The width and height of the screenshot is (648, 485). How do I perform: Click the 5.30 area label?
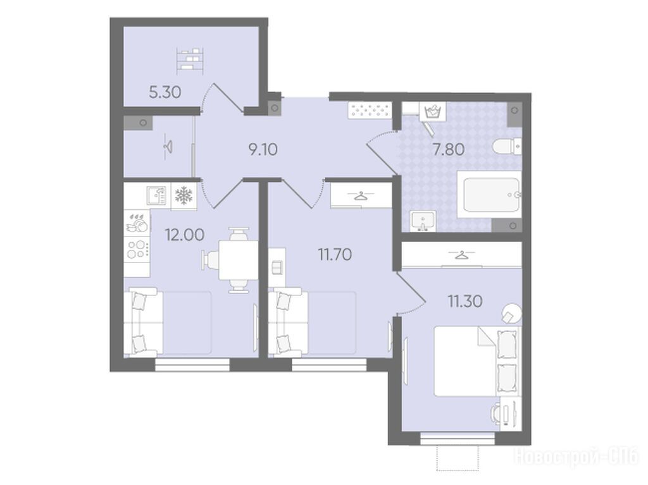point(165,92)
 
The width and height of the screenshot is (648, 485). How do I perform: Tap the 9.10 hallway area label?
point(263,149)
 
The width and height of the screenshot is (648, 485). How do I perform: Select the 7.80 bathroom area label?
point(449,149)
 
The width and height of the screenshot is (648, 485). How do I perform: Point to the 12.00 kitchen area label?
point(185,235)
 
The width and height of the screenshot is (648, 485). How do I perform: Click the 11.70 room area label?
point(335,254)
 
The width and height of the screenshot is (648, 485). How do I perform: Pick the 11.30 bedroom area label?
point(465,301)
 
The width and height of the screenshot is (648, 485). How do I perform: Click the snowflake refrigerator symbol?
point(184,195)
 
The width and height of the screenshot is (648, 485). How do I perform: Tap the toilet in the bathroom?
point(507,147)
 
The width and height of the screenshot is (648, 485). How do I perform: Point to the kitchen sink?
point(157,195)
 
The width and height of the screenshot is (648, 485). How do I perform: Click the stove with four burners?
point(137,249)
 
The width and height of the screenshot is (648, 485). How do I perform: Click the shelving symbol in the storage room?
point(190,61)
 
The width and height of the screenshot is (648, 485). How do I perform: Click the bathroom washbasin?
point(423,221)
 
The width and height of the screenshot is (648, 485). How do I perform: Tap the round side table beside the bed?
point(511,314)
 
